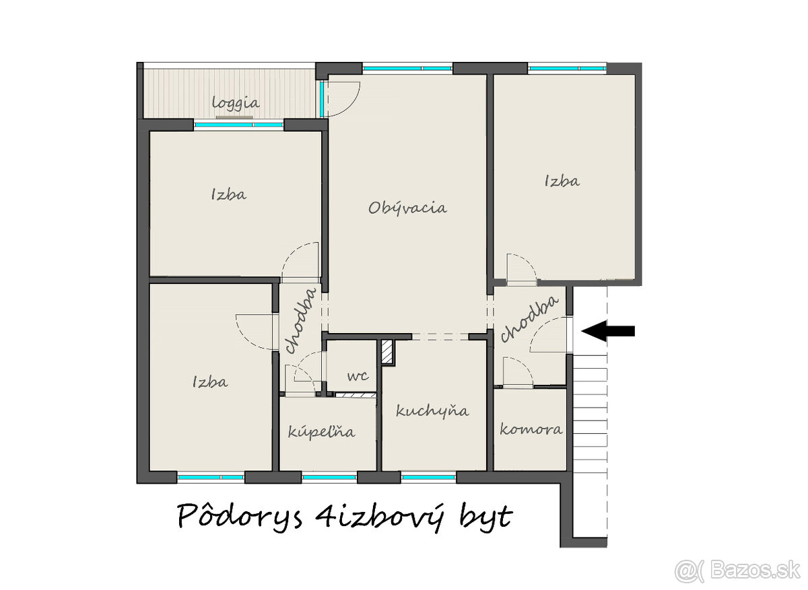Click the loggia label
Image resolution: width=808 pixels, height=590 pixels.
(x=236, y=104)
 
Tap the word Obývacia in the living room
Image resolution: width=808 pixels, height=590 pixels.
(x=407, y=208)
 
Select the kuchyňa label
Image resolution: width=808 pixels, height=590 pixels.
(x=432, y=411)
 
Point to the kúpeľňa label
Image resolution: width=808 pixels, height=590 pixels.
(x=321, y=432)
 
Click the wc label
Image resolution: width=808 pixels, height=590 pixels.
(x=358, y=377)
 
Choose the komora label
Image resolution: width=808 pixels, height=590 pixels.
(x=531, y=429)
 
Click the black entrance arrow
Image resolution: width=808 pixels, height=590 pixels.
(x=608, y=330)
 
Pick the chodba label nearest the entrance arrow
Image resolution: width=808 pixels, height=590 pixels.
(x=529, y=319)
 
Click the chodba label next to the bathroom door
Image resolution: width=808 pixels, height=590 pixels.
(x=301, y=320)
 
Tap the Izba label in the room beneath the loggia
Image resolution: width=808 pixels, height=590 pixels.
(x=228, y=195)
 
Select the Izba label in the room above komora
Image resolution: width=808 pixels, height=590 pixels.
(x=562, y=181)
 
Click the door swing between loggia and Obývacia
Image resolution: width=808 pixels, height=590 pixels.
(x=343, y=98)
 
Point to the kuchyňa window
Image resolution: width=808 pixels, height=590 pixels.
(x=428, y=477)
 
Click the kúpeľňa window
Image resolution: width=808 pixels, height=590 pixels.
(x=329, y=477)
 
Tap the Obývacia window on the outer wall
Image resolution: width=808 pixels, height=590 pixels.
(x=407, y=68)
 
